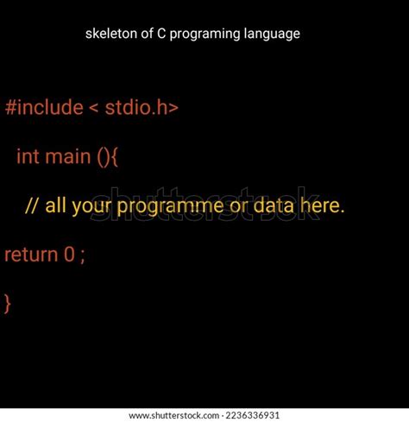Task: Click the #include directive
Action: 43,108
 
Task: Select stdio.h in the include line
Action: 141,108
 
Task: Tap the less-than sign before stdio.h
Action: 93,109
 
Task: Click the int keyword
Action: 27,157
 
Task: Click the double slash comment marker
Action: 32,206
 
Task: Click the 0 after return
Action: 69,255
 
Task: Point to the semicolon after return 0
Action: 83,256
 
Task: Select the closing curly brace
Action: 8,303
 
